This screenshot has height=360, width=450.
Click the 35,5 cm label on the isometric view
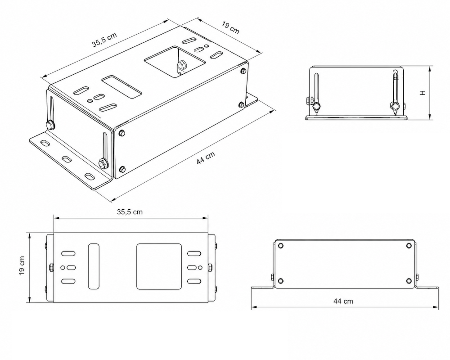click(104, 40)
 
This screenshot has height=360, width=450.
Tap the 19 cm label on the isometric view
click(230, 27)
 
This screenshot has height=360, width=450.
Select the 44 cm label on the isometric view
click(206, 158)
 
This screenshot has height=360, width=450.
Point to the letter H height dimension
click(423, 93)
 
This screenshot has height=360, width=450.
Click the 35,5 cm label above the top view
click(130, 212)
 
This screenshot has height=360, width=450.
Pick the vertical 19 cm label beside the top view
click(22, 265)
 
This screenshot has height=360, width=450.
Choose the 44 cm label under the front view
click(343, 301)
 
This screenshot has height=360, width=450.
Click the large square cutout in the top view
click(159, 267)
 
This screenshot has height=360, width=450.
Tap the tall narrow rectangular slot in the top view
click(94, 266)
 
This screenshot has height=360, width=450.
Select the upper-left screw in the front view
click(281, 245)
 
